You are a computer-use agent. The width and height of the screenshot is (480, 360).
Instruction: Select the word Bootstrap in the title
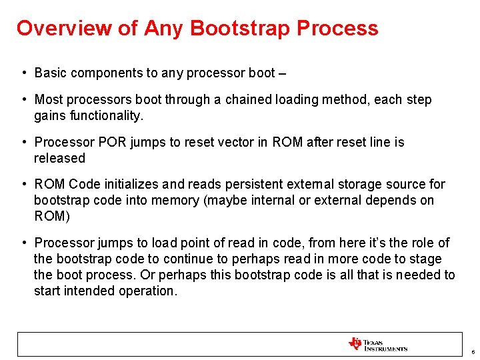coord(241,29)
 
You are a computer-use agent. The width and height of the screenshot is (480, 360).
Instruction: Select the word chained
coord(250,99)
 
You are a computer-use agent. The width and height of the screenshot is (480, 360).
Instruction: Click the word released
coord(59,158)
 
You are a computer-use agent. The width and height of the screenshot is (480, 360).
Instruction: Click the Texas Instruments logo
coord(377,344)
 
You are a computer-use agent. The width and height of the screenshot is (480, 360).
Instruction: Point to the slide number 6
coord(471,351)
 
